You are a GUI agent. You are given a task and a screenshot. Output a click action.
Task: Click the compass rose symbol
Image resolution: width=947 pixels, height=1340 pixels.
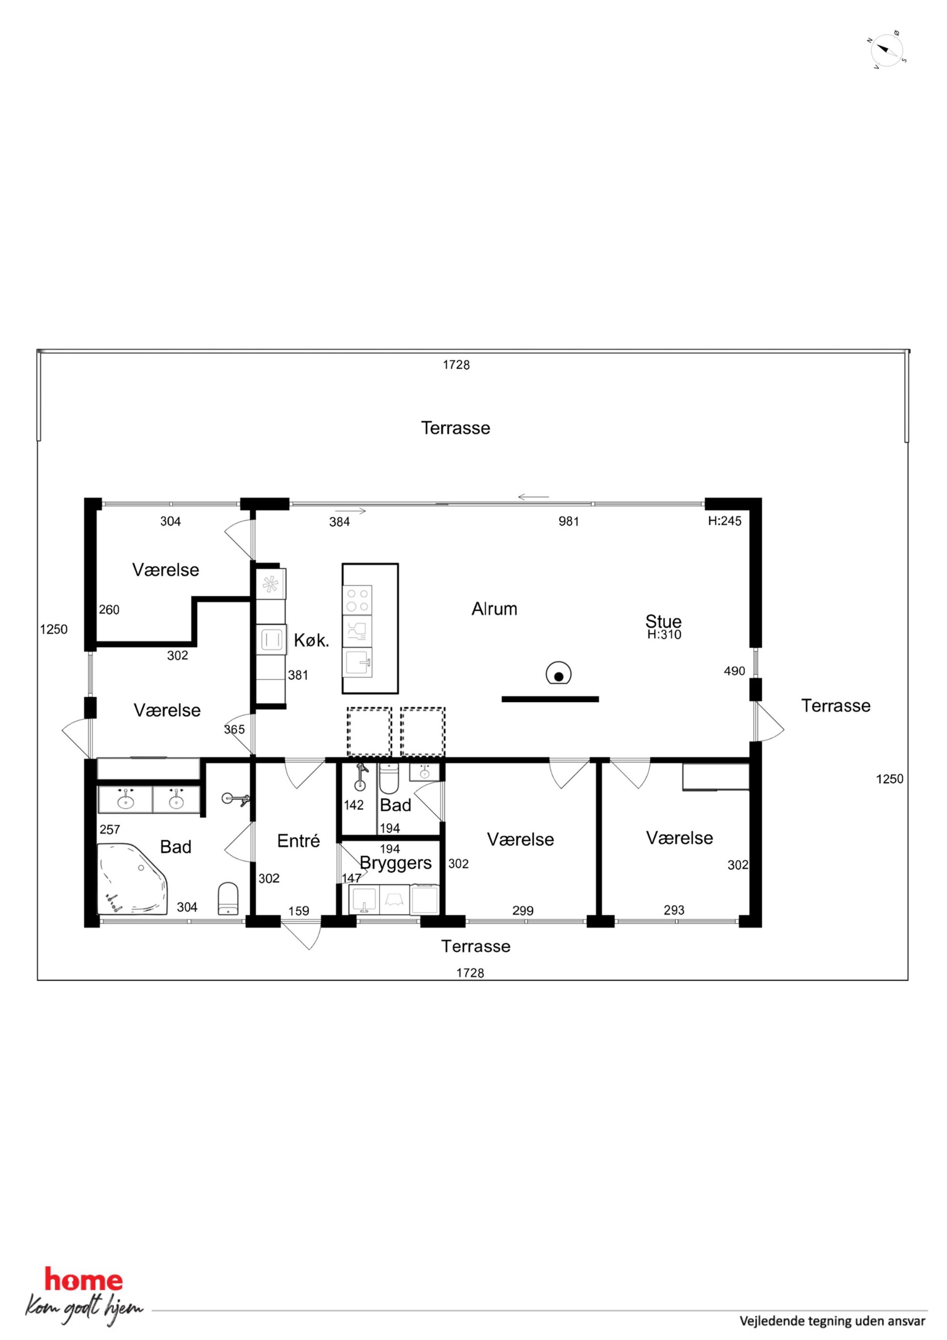pyautogui.click(x=886, y=50)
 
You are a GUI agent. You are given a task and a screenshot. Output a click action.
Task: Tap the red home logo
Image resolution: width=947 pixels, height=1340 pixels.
pyautogui.click(x=84, y=1280)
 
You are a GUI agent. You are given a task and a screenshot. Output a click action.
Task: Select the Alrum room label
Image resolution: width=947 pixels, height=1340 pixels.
pyautogui.click(x=494, y=609)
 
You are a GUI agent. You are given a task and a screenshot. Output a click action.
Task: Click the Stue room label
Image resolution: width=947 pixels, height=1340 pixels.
pyautogui.click(x=663, y=621)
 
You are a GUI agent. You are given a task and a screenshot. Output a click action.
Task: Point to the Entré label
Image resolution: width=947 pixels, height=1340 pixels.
pyautogui.click(x=298, y=840)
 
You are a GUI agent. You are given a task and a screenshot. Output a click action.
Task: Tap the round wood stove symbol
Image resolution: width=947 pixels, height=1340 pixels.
pyautogui.click(x=558, y=675)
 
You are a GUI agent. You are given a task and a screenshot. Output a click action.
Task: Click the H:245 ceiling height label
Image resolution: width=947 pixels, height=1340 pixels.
pyautogui.click(x=725, y=521)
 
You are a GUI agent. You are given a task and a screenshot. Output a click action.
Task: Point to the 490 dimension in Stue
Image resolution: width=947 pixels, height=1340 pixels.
pyautogui.click(x=734, y=671)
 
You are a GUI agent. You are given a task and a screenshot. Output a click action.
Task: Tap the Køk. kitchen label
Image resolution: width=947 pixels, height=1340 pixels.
pyautogui.click(x=312, y=640)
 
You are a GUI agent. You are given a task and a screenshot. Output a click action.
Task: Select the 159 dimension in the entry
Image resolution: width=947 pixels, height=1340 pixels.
pyautogui.click(x=298, y=911)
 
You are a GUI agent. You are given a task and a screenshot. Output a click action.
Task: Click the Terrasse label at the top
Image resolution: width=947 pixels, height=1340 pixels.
pyautogui.click(x=456, y=428)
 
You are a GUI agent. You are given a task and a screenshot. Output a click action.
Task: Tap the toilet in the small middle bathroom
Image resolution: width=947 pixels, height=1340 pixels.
pyautogui.click(x=389, y=778)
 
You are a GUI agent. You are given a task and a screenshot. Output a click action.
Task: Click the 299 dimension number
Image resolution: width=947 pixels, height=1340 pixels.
pyautogui.click(x=523, y=911)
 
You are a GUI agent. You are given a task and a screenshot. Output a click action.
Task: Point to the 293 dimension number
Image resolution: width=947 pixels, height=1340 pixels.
pyautogui.click(x=674, y=910)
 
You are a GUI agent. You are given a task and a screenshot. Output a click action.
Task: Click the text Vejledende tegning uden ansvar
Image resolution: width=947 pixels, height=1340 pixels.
pyautogui.click(x=832, y=1321)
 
